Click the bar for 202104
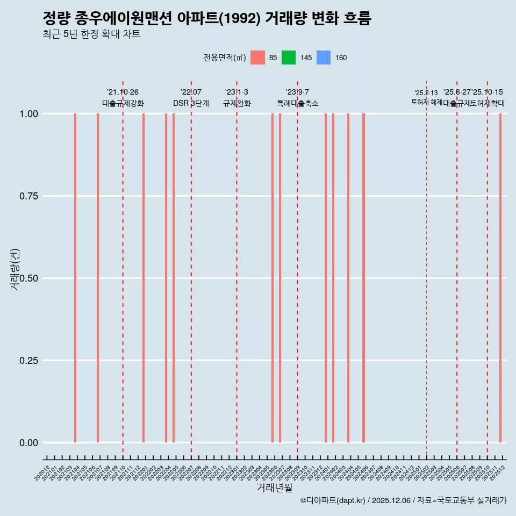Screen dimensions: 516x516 tap(75, 278)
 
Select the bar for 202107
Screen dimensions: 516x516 tap(98, 278)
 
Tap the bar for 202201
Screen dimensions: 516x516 tap(144, 278)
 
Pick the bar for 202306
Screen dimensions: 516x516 tap(273, 278)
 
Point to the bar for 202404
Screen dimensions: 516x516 tap(348, 278)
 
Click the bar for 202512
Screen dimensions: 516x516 tap(500, 278)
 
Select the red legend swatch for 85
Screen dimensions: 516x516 tap(258, 58)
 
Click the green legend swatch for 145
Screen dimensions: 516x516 tap(289, 58)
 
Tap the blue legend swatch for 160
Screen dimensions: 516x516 tap(323, 58)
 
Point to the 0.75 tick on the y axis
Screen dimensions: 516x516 tap(27, 196)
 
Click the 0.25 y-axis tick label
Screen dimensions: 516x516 tap(27, 361)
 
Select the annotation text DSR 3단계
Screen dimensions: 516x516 tap(191, 103)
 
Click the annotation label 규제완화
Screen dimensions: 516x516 tap(237, 103)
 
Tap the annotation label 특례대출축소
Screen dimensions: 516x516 tap(298, 103)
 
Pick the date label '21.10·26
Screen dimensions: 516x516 tap(123, 92)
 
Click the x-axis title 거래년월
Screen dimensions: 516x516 tap(275, 488)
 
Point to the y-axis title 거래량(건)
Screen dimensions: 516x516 tap(15, 270)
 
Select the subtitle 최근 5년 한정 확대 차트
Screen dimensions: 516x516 tap(91, 34)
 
